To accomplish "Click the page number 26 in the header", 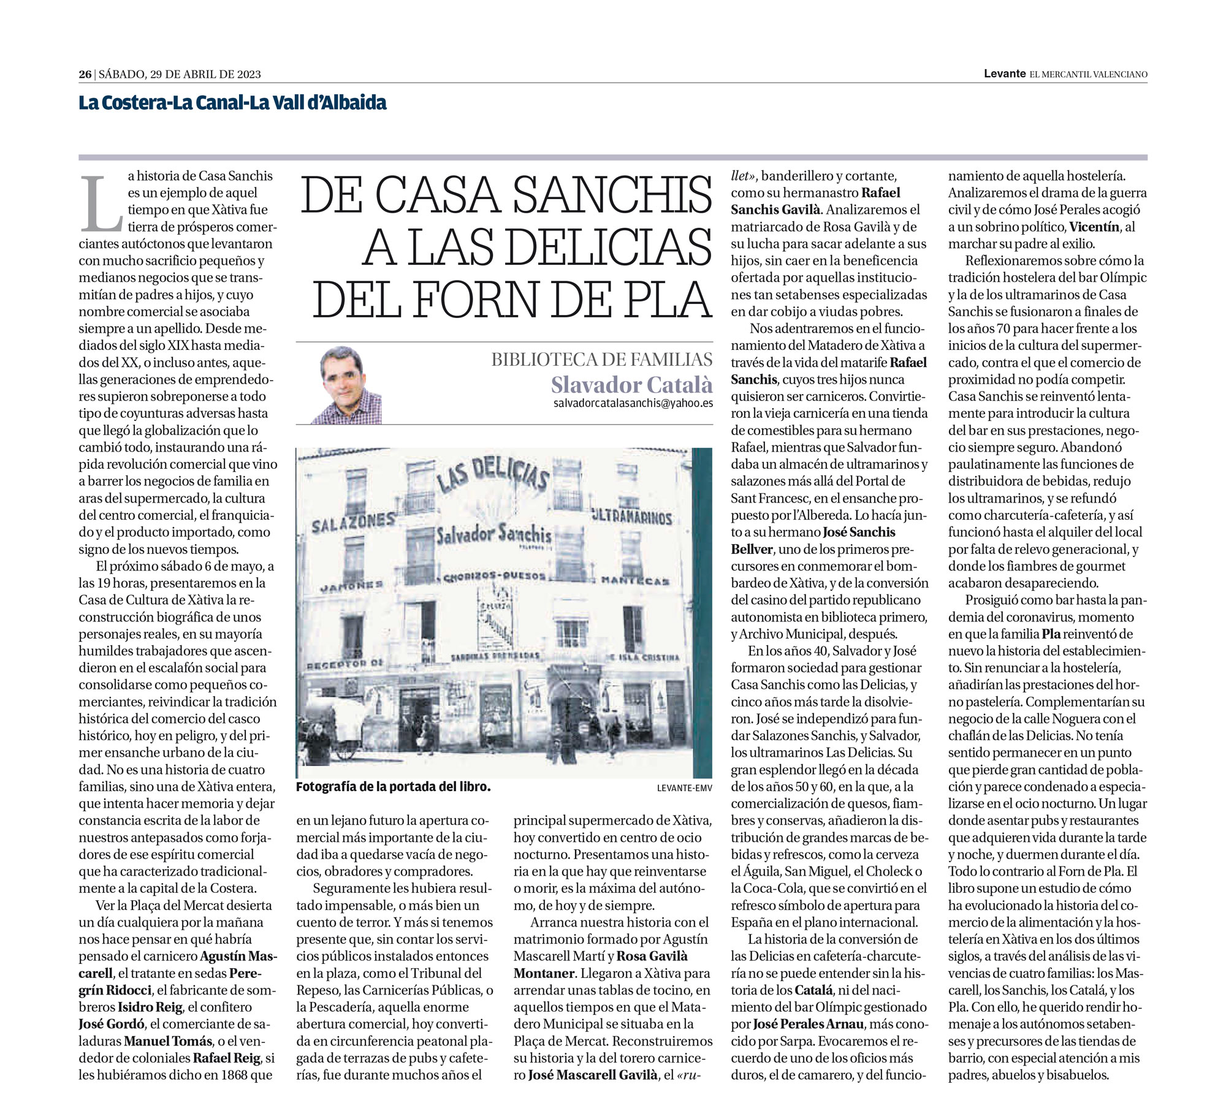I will [x=85, y=74].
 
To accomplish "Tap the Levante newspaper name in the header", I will [x=1004, y=74].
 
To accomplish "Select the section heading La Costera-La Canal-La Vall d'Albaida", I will [x=232, y=103].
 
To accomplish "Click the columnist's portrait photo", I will [x=346, y=385].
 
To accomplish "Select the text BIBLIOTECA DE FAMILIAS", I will [x=601, y=359].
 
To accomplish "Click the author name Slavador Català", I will [x=631, y=385].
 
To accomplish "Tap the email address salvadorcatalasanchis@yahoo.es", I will [x=633, y=403].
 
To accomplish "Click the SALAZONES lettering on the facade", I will [x=353, y=523].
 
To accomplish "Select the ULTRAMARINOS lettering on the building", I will [x=631, y=517].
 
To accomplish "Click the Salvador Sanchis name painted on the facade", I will [x=493, y=534].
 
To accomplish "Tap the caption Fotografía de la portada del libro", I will [x=393, y=787].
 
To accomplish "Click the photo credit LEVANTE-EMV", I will [x=684, y=788].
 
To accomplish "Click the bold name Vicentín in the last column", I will [x=1094, y=227].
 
